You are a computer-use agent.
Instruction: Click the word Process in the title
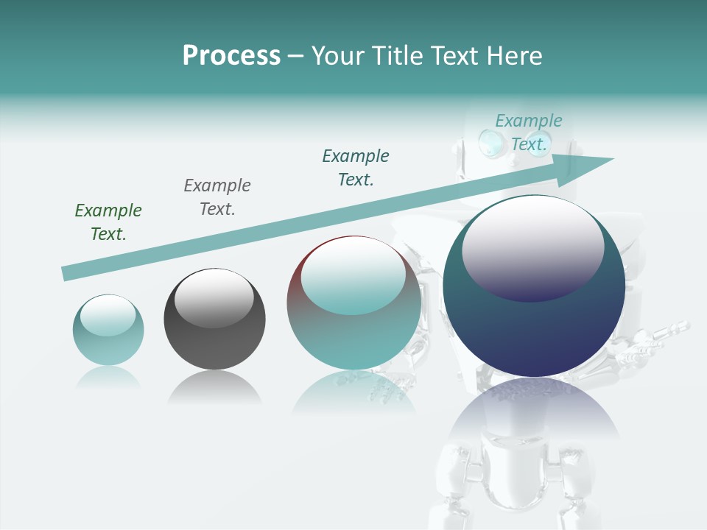click(231, 56)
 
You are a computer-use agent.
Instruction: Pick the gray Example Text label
click(217, 197)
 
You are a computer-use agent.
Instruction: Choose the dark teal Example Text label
click(356, 168)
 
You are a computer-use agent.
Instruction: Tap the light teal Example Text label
click(529, 132)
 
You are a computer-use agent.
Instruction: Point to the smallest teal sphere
click(108, 330)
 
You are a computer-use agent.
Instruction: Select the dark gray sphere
click(214, 319)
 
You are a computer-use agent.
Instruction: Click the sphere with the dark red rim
click(353, 303)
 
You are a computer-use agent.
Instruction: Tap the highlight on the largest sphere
click(532, 247)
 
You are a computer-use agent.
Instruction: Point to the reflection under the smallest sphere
click(108, 377)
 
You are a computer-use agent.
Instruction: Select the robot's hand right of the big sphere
click(652, 340)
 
